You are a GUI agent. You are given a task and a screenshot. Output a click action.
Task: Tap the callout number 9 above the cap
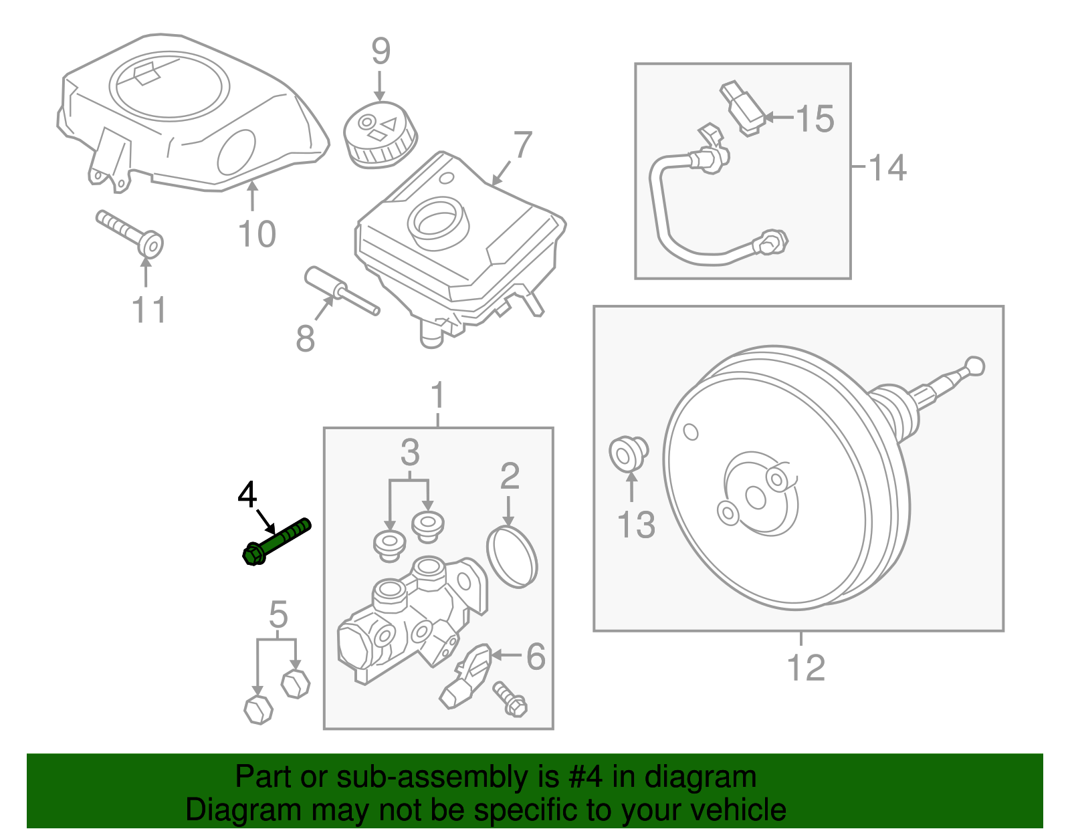click(x=381, y=51)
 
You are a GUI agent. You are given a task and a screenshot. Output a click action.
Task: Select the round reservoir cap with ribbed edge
click(x=379, y=136)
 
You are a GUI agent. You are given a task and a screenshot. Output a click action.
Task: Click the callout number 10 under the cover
click(x=257, y=234)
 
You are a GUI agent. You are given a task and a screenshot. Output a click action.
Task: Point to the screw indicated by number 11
click(x=131, y=231)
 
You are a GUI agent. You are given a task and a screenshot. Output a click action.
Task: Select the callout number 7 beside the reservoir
click(x=522, y=144)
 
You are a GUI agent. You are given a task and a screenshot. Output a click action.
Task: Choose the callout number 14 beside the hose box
click(x=887, y=167)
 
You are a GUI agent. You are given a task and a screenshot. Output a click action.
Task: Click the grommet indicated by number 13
click(x=627, y=454)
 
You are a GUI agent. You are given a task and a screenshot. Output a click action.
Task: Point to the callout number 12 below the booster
click(x=806, y=667)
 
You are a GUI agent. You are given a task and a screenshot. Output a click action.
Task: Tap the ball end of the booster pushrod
click(x=976, y=366)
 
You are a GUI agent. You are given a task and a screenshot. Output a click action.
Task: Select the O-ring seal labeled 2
click(x=512, y=556)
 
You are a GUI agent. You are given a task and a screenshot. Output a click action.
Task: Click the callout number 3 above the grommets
click(x=410, y=453)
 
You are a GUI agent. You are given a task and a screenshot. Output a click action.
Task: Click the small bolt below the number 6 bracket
click(x=510, y=698)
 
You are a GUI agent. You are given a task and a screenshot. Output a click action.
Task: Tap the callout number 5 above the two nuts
click(x=278, y=614)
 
